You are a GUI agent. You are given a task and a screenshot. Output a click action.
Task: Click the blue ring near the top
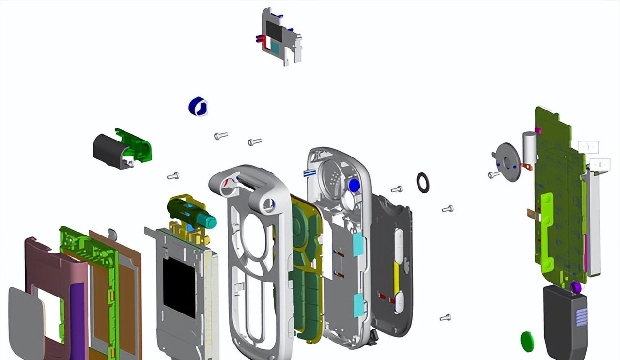[x=198, y=106]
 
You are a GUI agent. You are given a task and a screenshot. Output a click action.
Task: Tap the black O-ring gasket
[x=423, y=183]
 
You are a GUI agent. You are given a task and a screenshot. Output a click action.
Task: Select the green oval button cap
[x=527, y=341]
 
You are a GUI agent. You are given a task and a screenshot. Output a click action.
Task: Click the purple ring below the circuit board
[x=576, y=287]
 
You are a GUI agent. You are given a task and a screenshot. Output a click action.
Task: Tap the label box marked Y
[x=588, y=147]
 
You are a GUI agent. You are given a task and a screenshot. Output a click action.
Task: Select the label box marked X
[x=600, y=165]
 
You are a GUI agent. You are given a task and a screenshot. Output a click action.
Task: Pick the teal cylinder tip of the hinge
[x=208, y=221]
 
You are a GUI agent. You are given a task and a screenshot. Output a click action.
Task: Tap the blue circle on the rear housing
[x=355, y=185]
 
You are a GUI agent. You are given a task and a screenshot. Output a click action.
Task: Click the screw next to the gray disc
[x=494, y=175]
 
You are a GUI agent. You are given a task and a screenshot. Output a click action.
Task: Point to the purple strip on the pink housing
[x=77, y=310]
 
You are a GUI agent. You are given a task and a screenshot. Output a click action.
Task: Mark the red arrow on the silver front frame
[x=227, y=184]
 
